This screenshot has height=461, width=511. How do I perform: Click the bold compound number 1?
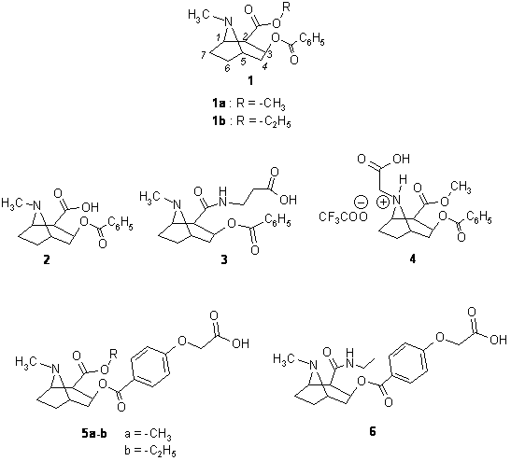(250, 80)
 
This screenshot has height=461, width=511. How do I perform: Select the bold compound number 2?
(47, 259)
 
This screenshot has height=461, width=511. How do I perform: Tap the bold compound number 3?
(224, 259)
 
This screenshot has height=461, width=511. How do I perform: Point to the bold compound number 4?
(413, 259)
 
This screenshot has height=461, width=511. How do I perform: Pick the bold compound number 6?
(373, 431)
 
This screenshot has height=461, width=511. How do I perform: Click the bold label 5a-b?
(94, 434)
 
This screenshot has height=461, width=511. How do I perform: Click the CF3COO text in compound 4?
(343, 217)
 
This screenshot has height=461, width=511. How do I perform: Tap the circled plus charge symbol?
(383, 203)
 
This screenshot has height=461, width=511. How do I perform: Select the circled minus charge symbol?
(361, 202)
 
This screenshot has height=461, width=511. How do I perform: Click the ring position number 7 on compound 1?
(204, 55)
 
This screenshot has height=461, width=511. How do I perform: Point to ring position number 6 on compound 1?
(227, 68)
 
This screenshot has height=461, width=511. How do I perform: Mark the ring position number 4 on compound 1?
(265, 67)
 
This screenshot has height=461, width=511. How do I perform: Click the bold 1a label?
(217, 104)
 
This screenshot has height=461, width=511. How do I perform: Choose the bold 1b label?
(218, 122)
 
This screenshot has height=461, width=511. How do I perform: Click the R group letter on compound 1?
(286, 7)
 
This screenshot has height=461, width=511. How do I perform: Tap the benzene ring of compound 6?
(408, 361)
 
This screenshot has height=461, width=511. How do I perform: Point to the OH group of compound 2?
(91, 206)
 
